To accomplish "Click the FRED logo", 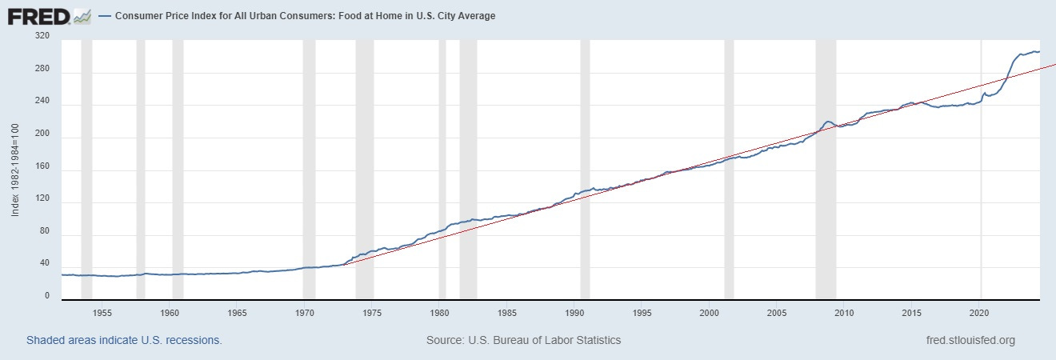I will pos(39,15).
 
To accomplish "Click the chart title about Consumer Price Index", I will pos(305,16).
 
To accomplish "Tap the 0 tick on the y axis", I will pos(46,296).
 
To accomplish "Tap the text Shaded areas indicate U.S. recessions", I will pos(124,340).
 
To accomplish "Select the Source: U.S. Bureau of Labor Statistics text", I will pos(523,340).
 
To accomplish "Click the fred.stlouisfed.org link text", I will pos(969,340).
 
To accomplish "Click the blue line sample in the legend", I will pos(106,16).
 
